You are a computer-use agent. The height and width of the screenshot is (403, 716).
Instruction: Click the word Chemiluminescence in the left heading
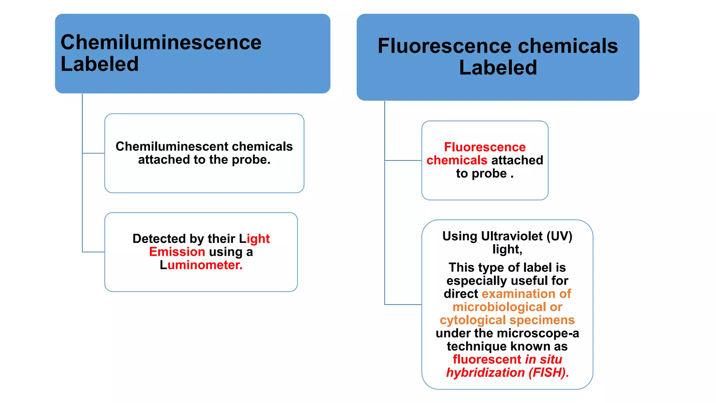pyautogui.click(x=161, y=42)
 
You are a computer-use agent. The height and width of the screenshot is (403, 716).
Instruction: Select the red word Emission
pyautogui.click(x=177, y=252)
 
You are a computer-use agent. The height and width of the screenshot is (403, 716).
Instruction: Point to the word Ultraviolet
pyautogui.click(x=512, y=236)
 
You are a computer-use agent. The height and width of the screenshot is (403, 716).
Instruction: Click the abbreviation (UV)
pyautogui.click(x=559, y=236)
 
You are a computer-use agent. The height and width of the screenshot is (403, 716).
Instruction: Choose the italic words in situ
pyautogui.click(x=543, y=359)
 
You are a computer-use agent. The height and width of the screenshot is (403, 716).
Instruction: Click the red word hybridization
pyautogui.click(x=485, y=372)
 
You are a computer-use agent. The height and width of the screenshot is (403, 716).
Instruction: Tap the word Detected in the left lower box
pyautogui.click(x=159, y=239)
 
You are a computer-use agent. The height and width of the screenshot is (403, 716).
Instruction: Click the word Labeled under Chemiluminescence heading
pyautogui.click(x=100, y=64)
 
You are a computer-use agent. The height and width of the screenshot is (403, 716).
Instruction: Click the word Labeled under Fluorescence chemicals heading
pyautogui.click(x=498, y=68)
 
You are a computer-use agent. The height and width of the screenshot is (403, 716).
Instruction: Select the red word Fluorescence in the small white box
pyautogui.click(x=485, y=147)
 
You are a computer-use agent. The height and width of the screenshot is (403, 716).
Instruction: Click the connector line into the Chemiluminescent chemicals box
pyautogui.click(x=93, y=153)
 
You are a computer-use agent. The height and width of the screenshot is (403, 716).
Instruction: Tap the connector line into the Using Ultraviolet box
pyautogui.click(x=403, y=304)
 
